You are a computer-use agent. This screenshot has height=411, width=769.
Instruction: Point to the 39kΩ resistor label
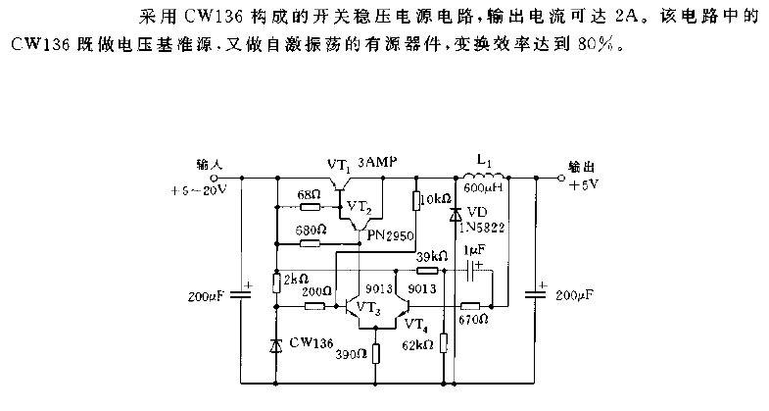click(426, 256)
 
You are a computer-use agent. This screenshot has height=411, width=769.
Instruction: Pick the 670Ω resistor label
click(474, 321)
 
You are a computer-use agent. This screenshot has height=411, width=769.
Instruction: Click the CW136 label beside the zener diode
click(310, 343)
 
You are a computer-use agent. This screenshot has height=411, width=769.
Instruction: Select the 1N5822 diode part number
click(480, 228)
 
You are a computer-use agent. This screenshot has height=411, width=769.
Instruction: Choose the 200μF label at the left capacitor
click(208, 294)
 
